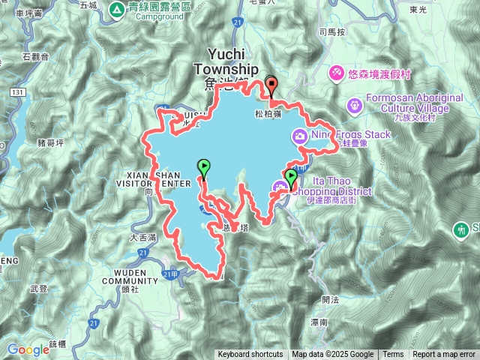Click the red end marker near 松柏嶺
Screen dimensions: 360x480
click(x=271, y=85)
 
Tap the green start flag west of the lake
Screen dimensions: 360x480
click(x=203, y=166)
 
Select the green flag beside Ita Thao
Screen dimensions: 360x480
click(x=291, y=176)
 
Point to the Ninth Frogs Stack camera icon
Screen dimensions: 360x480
click(x=300, y=136)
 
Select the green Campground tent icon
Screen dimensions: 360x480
click(x=116, y=10)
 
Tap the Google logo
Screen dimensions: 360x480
click(x=28, y=349)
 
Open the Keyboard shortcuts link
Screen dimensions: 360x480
click(x=250, y=355)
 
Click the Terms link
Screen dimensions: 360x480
click(x=393, y=355)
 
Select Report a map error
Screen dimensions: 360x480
click(x=444, y=355)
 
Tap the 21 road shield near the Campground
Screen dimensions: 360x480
click(x=236, y=23)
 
